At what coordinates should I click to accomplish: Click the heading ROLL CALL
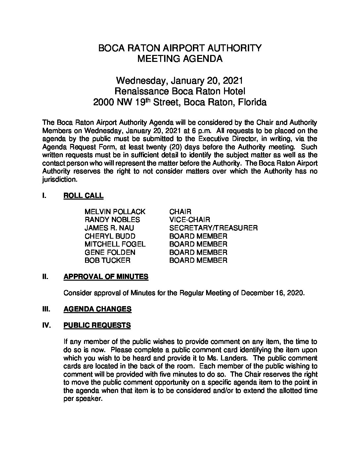click(83, 196)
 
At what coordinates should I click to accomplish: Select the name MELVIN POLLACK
click(115, 211)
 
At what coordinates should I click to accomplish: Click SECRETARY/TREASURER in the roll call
click(213, 228)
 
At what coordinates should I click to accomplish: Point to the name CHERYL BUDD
click(110, 236)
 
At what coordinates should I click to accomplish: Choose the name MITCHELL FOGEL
click(115, 244)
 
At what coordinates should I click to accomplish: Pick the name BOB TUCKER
click(108, 260)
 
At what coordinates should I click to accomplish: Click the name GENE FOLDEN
click(110, 253)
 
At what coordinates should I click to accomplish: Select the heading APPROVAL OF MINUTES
click(106, 277)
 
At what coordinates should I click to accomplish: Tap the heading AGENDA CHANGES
click(97, 309)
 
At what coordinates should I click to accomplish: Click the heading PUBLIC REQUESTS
click(97, 325)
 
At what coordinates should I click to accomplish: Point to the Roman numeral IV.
click(47, 325)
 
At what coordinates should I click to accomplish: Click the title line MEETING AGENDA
click(180, 59)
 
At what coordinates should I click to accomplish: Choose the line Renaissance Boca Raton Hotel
click(180, 91)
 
